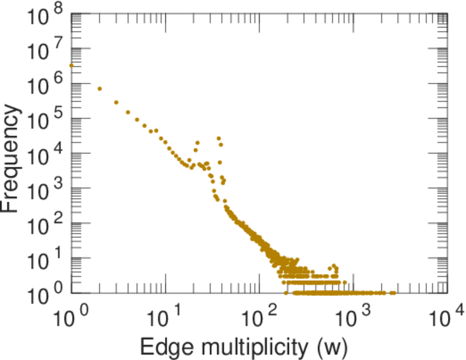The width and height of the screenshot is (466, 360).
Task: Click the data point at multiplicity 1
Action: coord(71,65)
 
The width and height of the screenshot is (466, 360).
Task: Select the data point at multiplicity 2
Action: coord(100,89)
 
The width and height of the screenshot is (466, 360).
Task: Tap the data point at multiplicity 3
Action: coord(116,102)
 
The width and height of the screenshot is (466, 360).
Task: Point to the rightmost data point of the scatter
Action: coord(394,293)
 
